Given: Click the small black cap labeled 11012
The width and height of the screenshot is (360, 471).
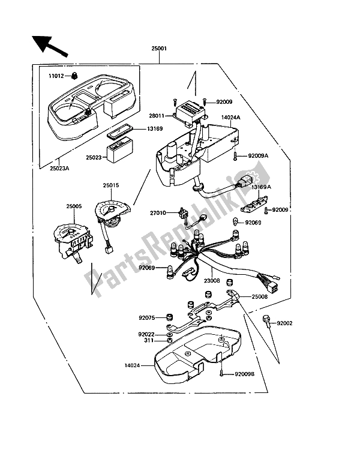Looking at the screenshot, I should pyautogui.click(x=74, y=76).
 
